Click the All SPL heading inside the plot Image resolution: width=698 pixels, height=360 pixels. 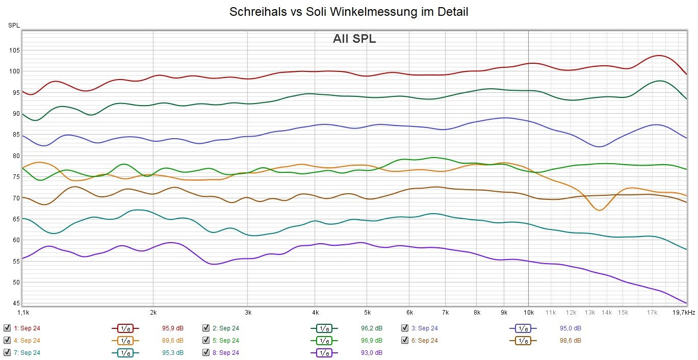pyautogui.click(x=354, y=39)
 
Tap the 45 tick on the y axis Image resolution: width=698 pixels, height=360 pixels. pyautogui.click(x=16, y=303)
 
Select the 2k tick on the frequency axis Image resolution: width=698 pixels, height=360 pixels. pyautogui.click(x=153, y=312)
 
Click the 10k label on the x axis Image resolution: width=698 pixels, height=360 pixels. pyautogui.click(x=528, y=312)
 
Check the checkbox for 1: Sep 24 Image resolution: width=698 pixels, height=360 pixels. pyautogui.click(x=7, y=328)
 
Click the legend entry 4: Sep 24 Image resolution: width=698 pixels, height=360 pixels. pyautogui.click(x=27, y=340)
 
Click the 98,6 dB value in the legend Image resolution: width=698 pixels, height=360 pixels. pyautogui.click(x=571, y=340)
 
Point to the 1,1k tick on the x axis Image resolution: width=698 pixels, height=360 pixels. pyautogui.click(x=23, y=312)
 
